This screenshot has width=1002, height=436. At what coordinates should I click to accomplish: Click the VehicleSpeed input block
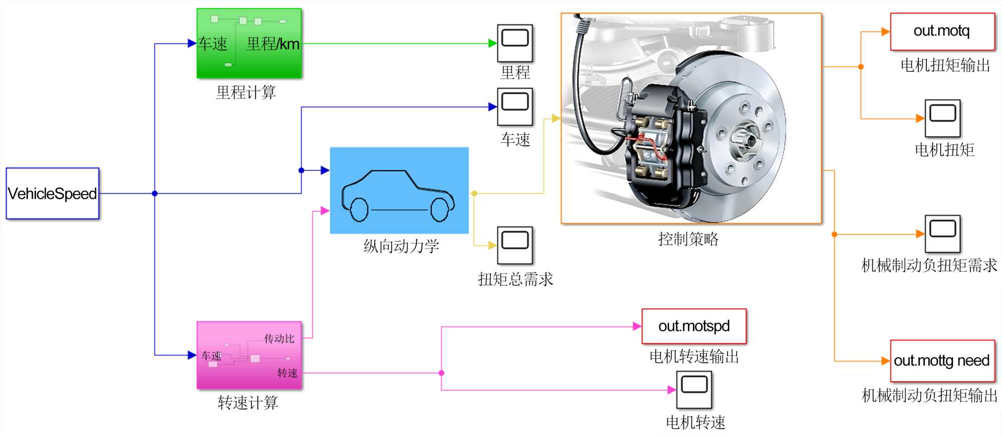click(x=53, y=193)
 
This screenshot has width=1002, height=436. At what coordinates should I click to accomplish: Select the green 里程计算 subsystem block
click(x=249, y=43)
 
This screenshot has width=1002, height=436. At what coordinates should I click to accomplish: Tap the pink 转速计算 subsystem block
click(x=249, y=355)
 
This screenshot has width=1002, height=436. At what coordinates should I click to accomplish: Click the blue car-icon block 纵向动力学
click(x=399, y=190)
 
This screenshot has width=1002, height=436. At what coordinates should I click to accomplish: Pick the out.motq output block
click(x=942, y=32)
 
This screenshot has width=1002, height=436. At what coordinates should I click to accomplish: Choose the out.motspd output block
click(x=694, y=326)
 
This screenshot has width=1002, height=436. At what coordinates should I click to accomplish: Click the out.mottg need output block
click(x=942, y=361)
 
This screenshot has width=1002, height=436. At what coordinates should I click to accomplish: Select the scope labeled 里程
click(x=515, y=43)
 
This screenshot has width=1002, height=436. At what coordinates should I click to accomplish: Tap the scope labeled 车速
click(x=515, y=107)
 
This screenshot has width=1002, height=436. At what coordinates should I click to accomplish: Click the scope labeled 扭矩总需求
click(x=515, y=245)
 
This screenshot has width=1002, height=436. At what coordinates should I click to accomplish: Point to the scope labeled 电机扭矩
click(x=942, y=118)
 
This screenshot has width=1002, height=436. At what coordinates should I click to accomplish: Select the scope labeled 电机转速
click(x=694, y=390)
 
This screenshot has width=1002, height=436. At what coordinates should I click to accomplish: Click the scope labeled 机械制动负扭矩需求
click(x=942, y=234)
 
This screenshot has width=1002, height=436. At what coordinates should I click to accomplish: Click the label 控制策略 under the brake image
click(x=688, y=239)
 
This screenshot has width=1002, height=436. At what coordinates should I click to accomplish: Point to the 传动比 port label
click(x=279, y=339)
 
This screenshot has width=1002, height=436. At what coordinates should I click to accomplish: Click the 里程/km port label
click(x=273, y=44)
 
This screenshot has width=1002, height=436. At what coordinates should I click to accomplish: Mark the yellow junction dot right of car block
click(x=474, y=193)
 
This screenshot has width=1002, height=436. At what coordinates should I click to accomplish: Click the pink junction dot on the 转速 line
click(x=441, y=373)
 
